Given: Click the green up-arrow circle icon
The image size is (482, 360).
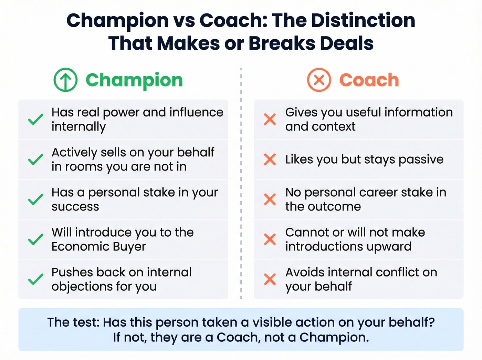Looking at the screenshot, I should (x=65, y=80).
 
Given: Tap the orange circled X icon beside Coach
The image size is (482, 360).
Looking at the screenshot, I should (x=319, y=80).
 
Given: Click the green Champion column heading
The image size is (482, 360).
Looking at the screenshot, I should (x=134, y=80).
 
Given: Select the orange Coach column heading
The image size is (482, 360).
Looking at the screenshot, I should (x=369, y=80).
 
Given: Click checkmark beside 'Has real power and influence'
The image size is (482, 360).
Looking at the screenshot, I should (x=35, y=119).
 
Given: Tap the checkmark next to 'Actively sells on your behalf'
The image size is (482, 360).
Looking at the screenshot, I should (x=35, y=159).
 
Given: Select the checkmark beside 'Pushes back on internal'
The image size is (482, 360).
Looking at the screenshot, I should (x=35, y=279).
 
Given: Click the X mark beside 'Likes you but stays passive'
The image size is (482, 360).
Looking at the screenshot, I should (x=270, y=159).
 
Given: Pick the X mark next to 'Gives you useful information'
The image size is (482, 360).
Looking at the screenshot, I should (x=270, y=119).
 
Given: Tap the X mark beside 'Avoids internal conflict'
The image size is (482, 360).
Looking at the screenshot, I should (x=270, y=279).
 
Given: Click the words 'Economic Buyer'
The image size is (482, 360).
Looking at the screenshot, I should (x=99, y=247).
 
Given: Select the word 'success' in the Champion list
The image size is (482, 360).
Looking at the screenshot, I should (x=75, y=207).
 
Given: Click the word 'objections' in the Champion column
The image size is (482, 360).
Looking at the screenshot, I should (x=80, y=287).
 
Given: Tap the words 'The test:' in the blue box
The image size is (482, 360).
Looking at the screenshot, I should (x=73, y=322).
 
